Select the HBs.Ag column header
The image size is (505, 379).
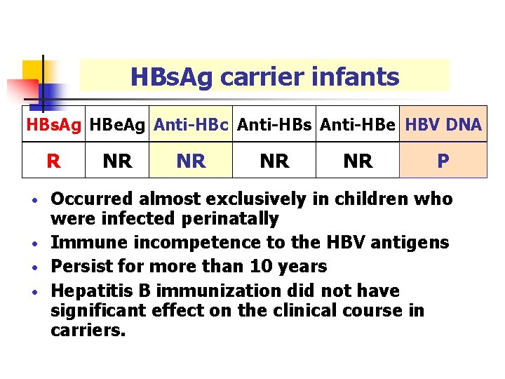pyautogui.click(x=53, y=126)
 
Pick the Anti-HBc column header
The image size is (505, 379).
pyautogui.click(x=191, y=126)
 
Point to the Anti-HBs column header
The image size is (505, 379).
pyautogui.click(x=274, y=126)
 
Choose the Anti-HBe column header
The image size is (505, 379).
pyautogui.click(x=358, y=126)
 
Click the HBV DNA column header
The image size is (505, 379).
pyautogui.click(x=443, y=126)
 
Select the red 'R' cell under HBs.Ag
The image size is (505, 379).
pyautogui.click(x=53, y=161)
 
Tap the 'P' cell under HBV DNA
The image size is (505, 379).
pyautogui.click(x=443, y=161)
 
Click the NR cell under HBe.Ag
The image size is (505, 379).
pyautogui.click(x=117, y=161)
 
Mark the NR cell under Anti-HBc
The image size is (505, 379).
pyautogui.click(x=191, y=161)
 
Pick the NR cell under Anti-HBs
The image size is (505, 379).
pyautogui.click(x=274, y=161)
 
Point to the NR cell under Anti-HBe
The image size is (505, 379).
pyautogui.click(x=358, y=161)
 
